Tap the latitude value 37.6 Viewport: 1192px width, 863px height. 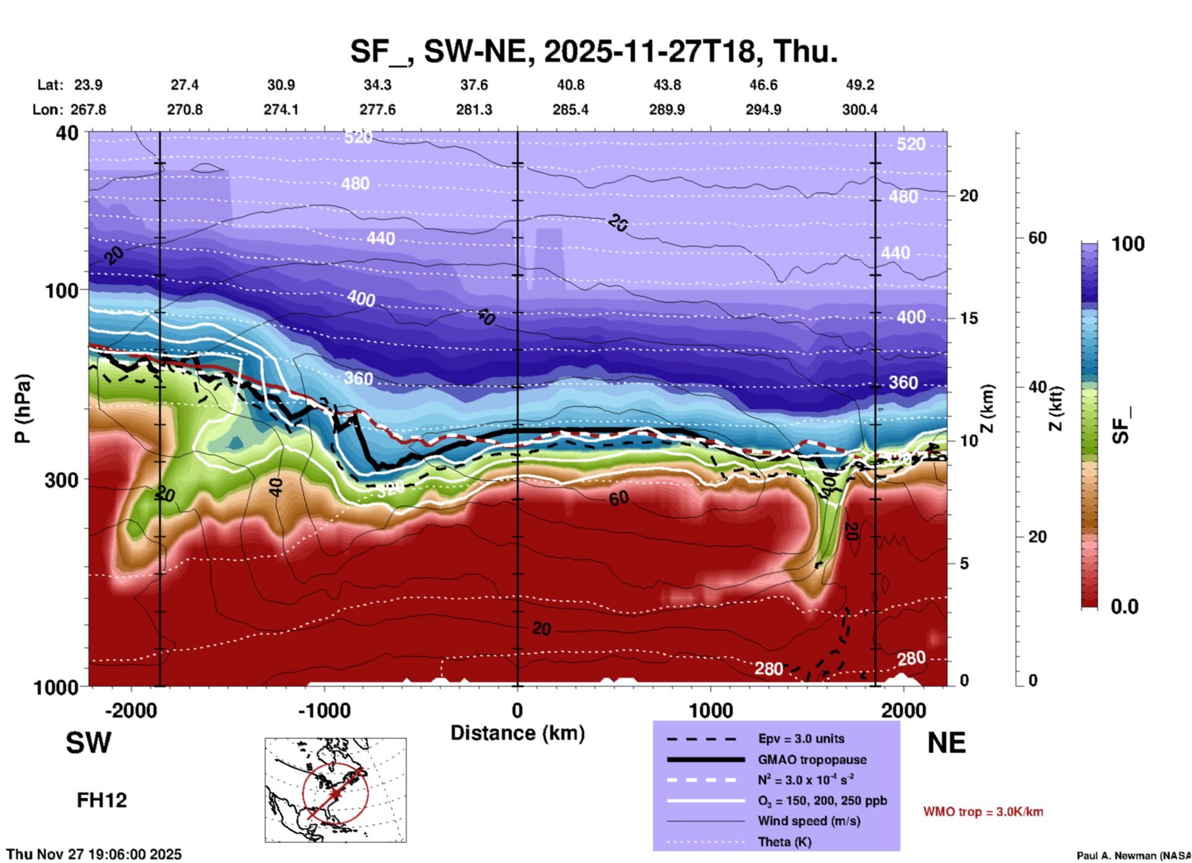point(473,85)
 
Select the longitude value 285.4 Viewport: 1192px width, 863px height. point(570,110)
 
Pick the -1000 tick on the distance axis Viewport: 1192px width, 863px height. point(324,710)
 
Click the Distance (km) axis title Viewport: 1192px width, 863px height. point(517,733)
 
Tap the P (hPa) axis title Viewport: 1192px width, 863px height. point(23,409)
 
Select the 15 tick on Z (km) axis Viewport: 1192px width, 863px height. point(969,318)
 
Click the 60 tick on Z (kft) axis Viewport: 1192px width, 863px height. point(1037,238)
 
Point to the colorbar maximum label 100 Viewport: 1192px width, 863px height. point(1128,244)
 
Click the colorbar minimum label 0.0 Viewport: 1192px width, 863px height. point(1125,607)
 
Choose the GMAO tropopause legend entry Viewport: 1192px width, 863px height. point(812,760)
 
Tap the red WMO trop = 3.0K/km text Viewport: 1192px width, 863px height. point(983,812)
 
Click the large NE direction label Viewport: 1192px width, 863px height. point(946,743)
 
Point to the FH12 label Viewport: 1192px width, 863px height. point(101,800)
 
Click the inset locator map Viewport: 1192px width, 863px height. point(335,789)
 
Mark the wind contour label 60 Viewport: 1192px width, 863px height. point(618,498)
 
